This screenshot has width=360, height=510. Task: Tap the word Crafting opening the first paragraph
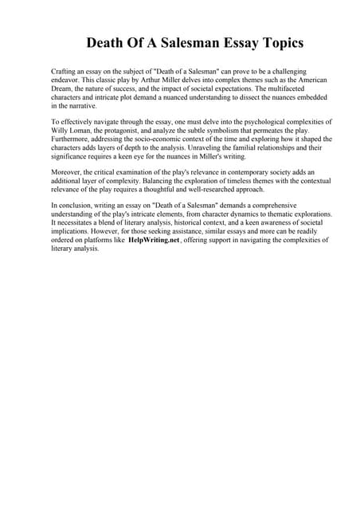65,72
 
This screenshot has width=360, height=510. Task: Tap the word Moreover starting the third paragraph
69,172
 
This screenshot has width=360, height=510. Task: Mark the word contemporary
241,172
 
